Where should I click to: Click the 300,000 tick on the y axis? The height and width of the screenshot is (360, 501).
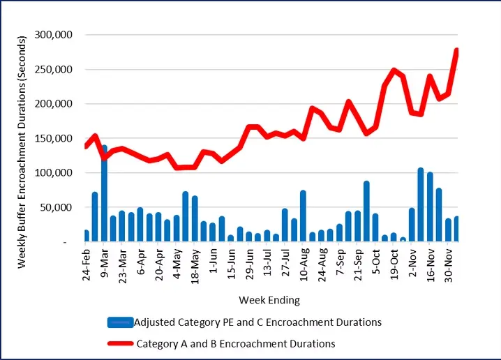[61, 35]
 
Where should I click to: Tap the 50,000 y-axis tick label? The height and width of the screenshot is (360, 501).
[64, 207]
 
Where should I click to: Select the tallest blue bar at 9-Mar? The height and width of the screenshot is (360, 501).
[104, 195]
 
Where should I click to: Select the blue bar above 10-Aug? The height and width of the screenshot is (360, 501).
[303, 216]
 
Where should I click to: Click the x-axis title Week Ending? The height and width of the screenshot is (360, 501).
[269, 300]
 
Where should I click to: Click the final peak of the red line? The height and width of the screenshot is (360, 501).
[456, 50]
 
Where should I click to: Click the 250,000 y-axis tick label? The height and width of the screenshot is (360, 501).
[61, 69]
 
